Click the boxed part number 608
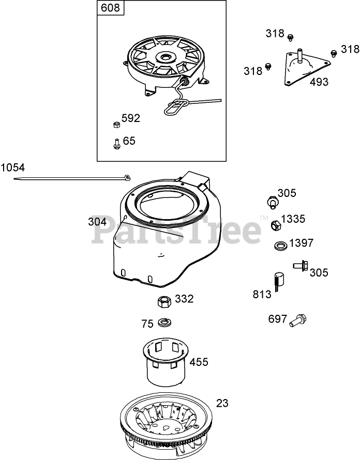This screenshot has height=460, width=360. (110, 7)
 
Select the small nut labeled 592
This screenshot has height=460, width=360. (116, 125)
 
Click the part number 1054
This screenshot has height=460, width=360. (13, 168)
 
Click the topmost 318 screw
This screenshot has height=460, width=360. (290, 37)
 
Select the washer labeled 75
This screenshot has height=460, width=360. (164, 322)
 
